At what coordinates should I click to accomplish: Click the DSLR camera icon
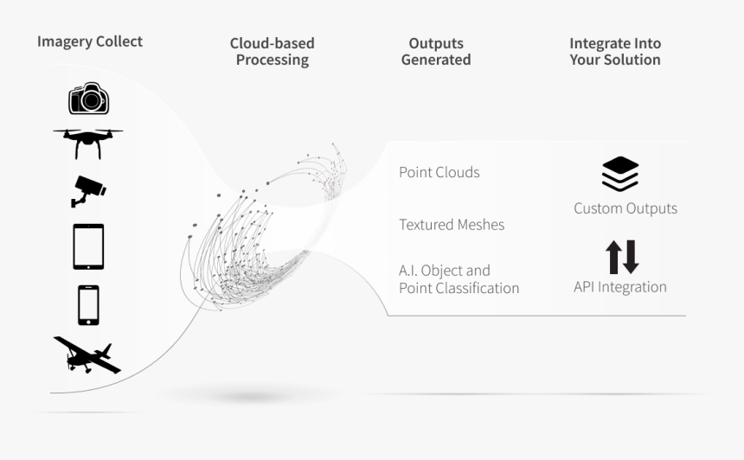click(89, 99)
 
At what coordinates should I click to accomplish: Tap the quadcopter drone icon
click(87, 144)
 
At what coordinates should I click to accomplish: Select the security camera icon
click(88, 192)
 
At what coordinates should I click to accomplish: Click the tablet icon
click(88, 246)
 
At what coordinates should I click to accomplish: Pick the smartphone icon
click(89, 305)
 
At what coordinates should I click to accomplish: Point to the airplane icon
click(87, 355)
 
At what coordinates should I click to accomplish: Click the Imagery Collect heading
click(90, 42)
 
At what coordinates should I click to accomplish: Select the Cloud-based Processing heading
click(273, 51)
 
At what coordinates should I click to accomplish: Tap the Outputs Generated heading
click(436, 51)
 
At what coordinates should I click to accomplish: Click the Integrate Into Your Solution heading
click(615, 51)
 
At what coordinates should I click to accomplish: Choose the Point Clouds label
click(439, 172)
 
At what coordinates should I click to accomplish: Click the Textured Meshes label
click(452, 224)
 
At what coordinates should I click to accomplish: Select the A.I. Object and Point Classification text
click(459, 279)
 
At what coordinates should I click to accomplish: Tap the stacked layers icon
click(620, 174)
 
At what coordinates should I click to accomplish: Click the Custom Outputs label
click(625, 208)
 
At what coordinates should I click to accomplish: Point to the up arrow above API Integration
click(613, 257)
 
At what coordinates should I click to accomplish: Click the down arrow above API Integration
click(631, 257)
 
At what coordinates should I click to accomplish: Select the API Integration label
click(620, 287)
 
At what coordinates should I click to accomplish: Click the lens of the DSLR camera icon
click(91, 100)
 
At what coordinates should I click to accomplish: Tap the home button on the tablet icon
click(88, 266)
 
